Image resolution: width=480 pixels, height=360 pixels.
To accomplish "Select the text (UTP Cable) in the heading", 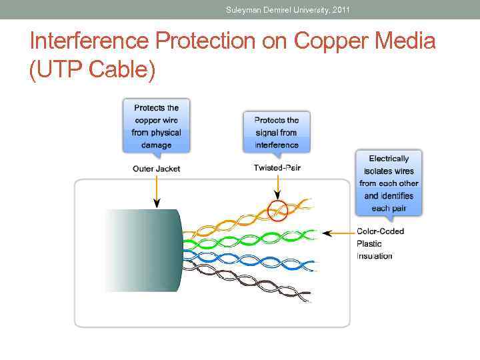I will (x=93, y=69).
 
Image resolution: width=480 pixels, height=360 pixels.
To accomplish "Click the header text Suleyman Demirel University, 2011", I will (x=287, y=9).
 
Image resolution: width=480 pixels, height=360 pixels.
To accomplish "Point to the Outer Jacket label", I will (x=156, y=169).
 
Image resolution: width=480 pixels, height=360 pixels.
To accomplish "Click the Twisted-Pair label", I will (x=277, y=168).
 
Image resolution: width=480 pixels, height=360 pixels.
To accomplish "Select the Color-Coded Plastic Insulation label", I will (x=381, y=243).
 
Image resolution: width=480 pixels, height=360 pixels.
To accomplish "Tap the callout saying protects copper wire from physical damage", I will (x=156, y=127).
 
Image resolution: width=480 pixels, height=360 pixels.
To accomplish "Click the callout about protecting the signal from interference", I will (x=276, y=133).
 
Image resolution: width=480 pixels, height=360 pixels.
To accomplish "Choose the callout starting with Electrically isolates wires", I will (x=389, y=183).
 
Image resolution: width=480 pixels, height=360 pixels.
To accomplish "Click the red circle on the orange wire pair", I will (x=277, y=211).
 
